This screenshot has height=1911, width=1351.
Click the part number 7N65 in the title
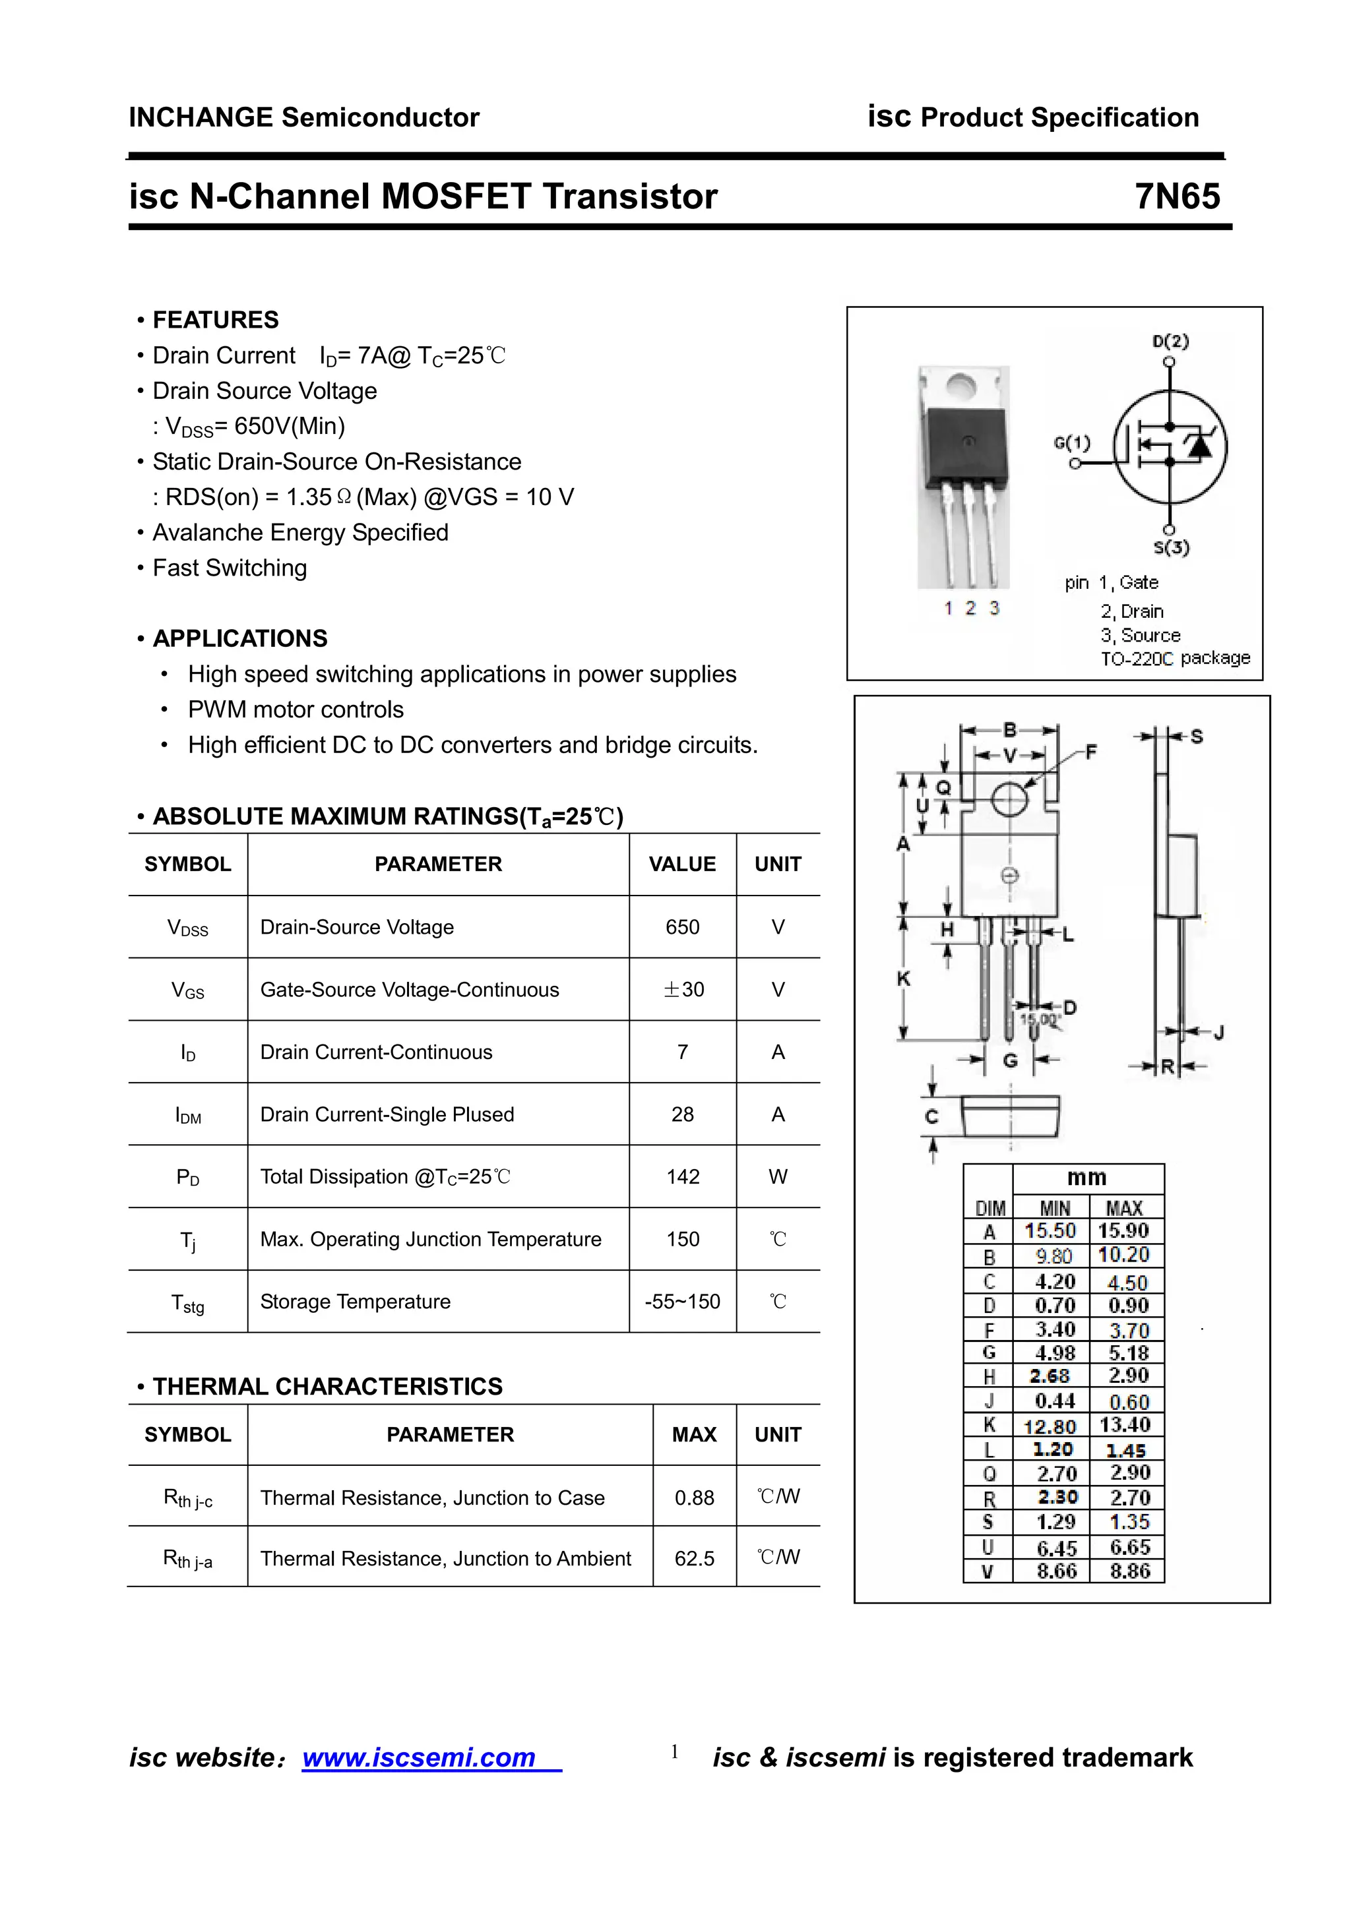point(1176,197)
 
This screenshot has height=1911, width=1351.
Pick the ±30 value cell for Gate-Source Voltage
point(683,990)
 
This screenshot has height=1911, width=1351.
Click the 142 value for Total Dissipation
point(683,1177)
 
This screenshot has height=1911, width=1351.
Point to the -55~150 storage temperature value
point(683,1302)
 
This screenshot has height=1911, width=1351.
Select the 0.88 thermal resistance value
point(694,1498)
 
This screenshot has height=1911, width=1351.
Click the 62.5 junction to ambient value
point(694,1559)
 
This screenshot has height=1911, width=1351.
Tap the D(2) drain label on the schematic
point(1170,342)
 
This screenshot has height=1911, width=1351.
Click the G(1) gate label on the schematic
point(1071,442)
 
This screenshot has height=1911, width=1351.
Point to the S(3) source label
point(1171,548)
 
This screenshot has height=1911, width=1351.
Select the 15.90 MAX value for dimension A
point(1124,1231)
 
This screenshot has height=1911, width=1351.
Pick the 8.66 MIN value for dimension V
point(1056,1571)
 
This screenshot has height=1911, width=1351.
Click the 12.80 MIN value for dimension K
point(1050,1426)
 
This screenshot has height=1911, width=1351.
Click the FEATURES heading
point(216,320)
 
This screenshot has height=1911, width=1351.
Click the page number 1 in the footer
point(674,1752)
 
